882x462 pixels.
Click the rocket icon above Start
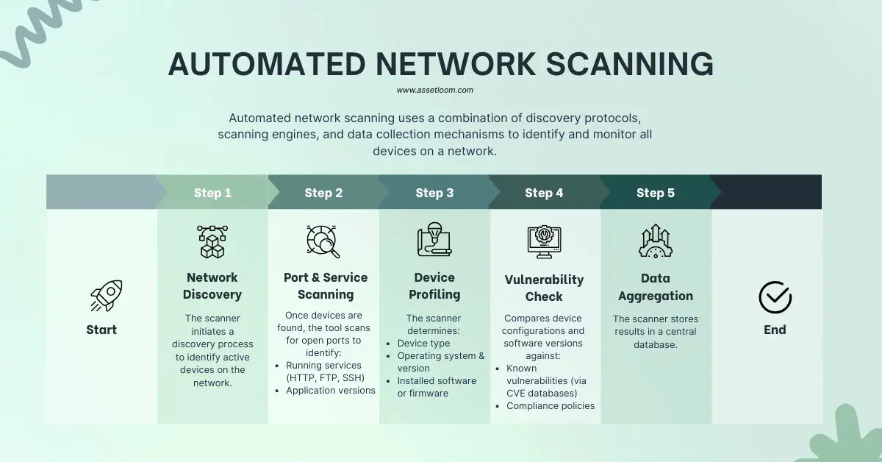coord(106,296)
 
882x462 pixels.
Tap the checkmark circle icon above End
coord(775,297)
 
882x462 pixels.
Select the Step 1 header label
coord(212,193)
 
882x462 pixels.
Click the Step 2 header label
coord(323,193)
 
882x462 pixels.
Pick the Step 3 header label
coord(434,193)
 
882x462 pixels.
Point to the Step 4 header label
coord(544,193)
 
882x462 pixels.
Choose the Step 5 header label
coord(655,193)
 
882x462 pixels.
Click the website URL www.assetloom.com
coord(434,90)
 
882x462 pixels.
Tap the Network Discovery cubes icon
coord(212,241)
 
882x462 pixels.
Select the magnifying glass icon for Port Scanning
coord(323,241)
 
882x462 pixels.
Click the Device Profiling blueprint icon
coord(434,240)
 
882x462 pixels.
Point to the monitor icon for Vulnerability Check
coord(544,241)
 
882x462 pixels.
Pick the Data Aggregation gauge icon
coord(655,241)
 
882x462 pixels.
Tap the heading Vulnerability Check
coord(544,288)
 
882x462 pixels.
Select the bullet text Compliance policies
coord(551,406)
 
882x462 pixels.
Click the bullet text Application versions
coord(330,391)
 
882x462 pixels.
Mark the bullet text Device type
coord(423,344)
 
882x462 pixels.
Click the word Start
coord(101,330)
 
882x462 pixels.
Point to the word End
coord(775,330)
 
